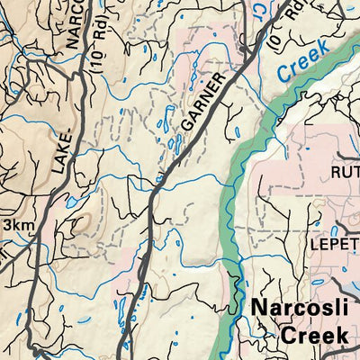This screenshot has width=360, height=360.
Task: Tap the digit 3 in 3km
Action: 7,224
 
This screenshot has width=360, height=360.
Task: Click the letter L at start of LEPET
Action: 316,243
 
